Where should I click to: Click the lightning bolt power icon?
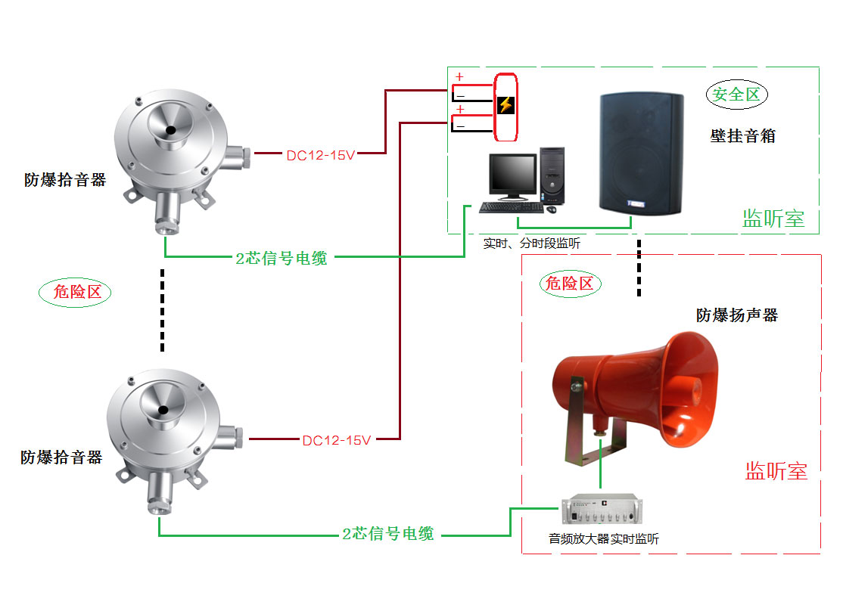[x=505, y=105]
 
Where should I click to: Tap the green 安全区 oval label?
[x=736, y=95]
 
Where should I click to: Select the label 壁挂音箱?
[x=742, y=137]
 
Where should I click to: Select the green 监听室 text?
[x=773, y=219]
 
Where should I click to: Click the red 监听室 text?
[x=776, y=471]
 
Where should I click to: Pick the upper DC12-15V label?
[x=320, y=156]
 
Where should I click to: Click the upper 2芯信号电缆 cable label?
[x=282, y=258]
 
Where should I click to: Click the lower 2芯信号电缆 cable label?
[x=388, y=534]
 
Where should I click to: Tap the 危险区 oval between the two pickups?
[x=75, y=292]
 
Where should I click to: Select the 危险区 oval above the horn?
[x=571, y=284]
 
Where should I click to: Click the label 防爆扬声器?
[x=736, y=315]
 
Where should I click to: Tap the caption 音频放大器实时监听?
[x=603, y=539]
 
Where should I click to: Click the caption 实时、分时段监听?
[x=532, y=244]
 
